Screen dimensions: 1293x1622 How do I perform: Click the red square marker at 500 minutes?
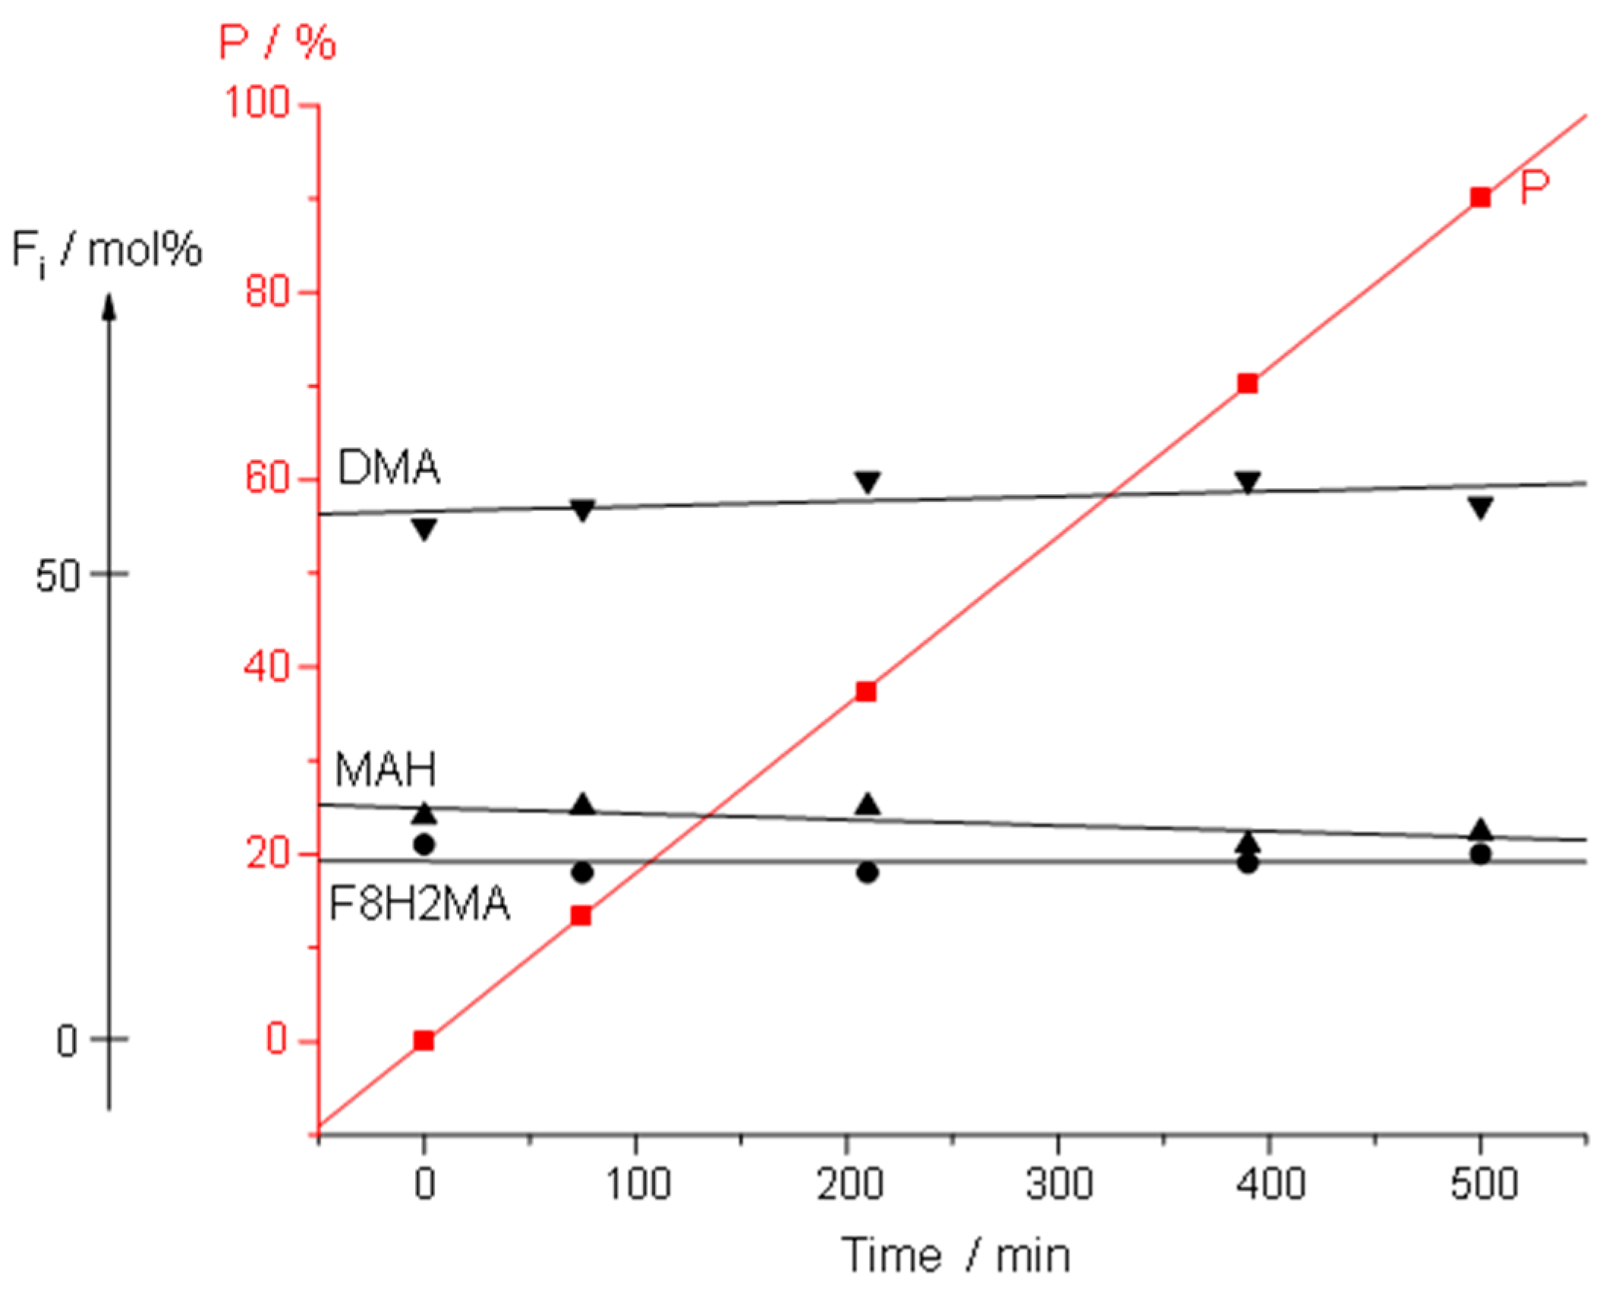click(1479, 197)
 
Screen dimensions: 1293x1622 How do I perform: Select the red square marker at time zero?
click(424, 1040)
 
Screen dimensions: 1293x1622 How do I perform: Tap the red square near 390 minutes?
click(1247, 383)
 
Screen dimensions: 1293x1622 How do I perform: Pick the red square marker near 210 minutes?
click(865, 691)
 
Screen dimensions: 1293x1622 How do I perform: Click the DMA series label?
click(388, 467)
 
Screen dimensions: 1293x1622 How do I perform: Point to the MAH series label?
click(386, 769)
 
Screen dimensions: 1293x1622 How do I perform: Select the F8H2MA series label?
click(419, 904)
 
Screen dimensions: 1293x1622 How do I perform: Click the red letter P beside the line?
click(1533, 188)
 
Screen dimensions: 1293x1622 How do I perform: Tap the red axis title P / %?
click(277, 42)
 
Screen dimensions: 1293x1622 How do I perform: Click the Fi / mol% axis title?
click(106, 251)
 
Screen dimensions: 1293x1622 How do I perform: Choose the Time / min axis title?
click(956, 1254)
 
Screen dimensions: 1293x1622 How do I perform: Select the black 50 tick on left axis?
click(58, 576)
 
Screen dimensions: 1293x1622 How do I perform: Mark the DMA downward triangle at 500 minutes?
click(1480, 506)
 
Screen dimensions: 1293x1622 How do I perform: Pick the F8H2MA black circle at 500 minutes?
click(1480, 854)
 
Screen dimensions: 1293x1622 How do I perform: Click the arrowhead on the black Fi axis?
click(109, 307)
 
